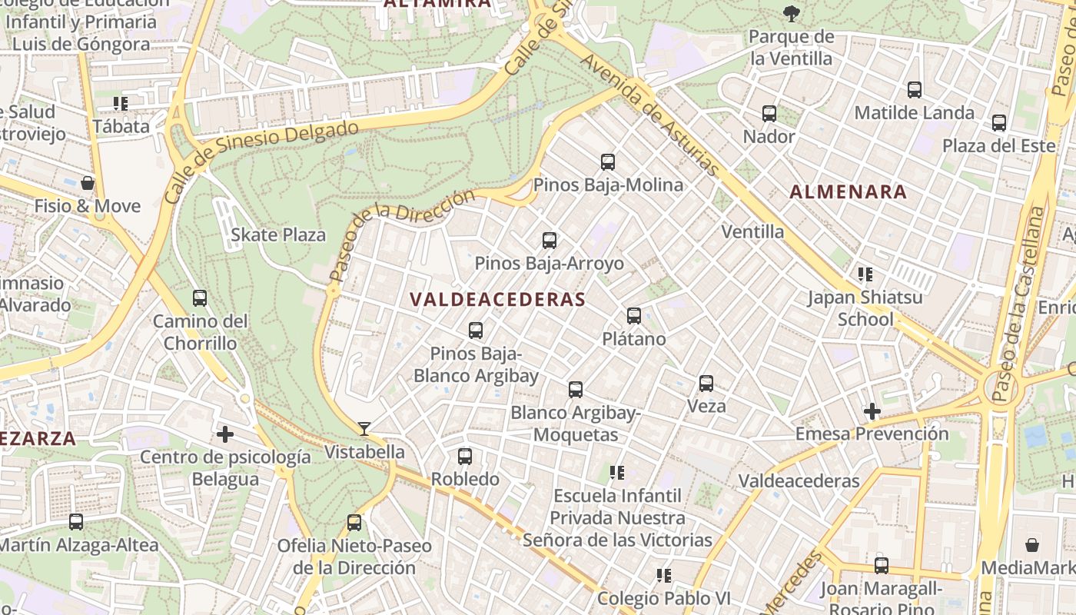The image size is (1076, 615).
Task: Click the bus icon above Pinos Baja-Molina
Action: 608,161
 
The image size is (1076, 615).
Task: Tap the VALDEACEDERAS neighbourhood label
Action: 497,299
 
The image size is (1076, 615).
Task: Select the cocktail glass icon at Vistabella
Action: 364,428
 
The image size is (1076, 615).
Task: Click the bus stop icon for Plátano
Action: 634,315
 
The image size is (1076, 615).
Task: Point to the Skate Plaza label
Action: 278,235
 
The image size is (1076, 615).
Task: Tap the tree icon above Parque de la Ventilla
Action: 791,13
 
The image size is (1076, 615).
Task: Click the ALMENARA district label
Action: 849,192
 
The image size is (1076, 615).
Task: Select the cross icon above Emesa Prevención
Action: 872,411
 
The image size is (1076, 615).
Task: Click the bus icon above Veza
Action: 706,383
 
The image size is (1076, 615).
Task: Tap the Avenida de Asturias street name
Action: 650,115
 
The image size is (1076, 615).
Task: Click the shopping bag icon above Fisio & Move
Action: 88,183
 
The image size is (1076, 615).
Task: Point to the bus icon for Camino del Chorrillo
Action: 200,298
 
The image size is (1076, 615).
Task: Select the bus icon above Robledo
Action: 465,456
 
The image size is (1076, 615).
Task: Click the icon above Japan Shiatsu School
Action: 865,274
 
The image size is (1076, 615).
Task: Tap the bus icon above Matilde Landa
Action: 915,89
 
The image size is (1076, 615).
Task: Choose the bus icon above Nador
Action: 769,113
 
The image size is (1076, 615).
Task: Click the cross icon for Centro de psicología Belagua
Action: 224,434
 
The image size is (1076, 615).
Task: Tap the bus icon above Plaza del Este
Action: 999,122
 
